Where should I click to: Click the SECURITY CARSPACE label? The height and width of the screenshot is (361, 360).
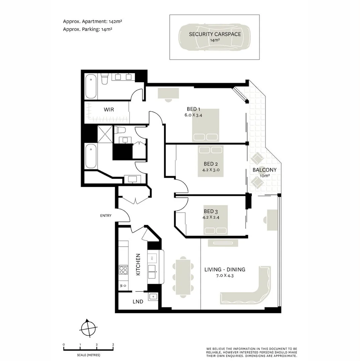tap(214, 34)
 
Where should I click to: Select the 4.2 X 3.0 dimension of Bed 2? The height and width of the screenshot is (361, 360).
tap(211, 170)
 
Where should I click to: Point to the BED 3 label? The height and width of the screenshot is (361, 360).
tap(211, 211)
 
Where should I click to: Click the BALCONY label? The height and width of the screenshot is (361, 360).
tap(264, 170)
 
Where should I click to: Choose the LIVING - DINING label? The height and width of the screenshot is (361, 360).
tap(225, 269)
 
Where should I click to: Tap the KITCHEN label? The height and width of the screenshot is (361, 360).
tap(138, 264)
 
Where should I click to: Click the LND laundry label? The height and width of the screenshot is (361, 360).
tap(138, 302)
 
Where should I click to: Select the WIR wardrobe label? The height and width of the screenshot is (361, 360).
tap(109, 109)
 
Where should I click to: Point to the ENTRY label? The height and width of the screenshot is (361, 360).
tap(106, 216)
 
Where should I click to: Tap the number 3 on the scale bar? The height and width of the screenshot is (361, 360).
tap(113, 345)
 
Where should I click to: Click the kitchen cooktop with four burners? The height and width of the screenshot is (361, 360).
tap(123, 270)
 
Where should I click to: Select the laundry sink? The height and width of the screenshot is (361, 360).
tap(153, 296)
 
